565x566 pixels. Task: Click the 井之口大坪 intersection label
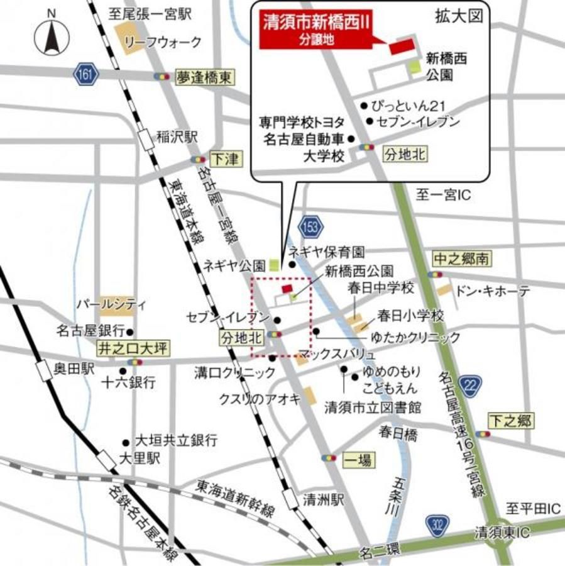coord(133,347)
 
